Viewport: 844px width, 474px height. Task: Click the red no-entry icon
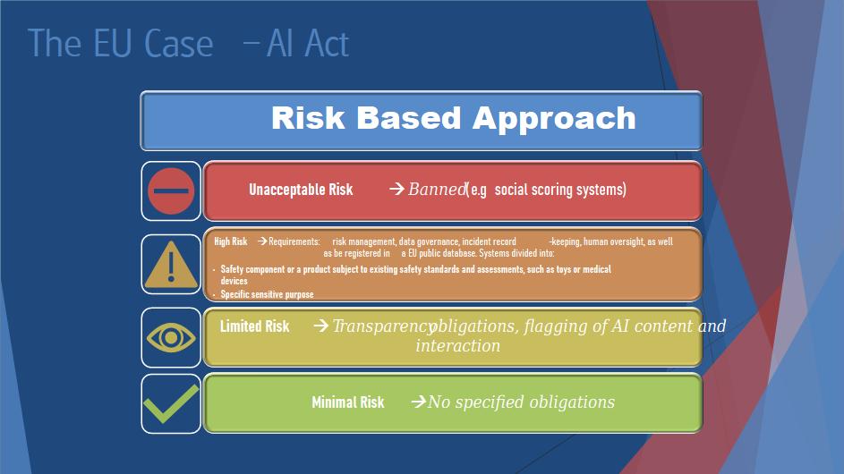coord(171,191)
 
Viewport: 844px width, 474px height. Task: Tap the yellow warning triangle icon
coord(171,264)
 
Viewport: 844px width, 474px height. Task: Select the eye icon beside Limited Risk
coord(171,337)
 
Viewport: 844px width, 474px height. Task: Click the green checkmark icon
coord(171,403)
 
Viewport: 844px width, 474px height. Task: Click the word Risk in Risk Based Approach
coord(308,118)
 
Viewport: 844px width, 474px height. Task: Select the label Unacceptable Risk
coord(301,190)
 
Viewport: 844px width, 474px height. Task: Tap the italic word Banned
coord(437,189)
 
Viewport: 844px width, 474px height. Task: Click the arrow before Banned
coord(396,189)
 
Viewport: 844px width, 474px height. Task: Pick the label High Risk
coord(231,241)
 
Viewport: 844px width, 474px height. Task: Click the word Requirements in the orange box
coord(294,241)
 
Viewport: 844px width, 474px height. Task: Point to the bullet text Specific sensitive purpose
coord(267,294)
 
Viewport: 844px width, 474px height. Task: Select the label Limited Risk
coord(254,326)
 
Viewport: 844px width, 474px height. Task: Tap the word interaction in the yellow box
coord(458,345)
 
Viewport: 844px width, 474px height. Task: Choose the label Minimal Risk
coord(348,402)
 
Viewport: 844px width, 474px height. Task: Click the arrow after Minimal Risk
coord(419,402)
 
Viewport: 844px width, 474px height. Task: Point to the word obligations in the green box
coord(572,402)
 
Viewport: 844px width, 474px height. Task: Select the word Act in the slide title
coord(327,43)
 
